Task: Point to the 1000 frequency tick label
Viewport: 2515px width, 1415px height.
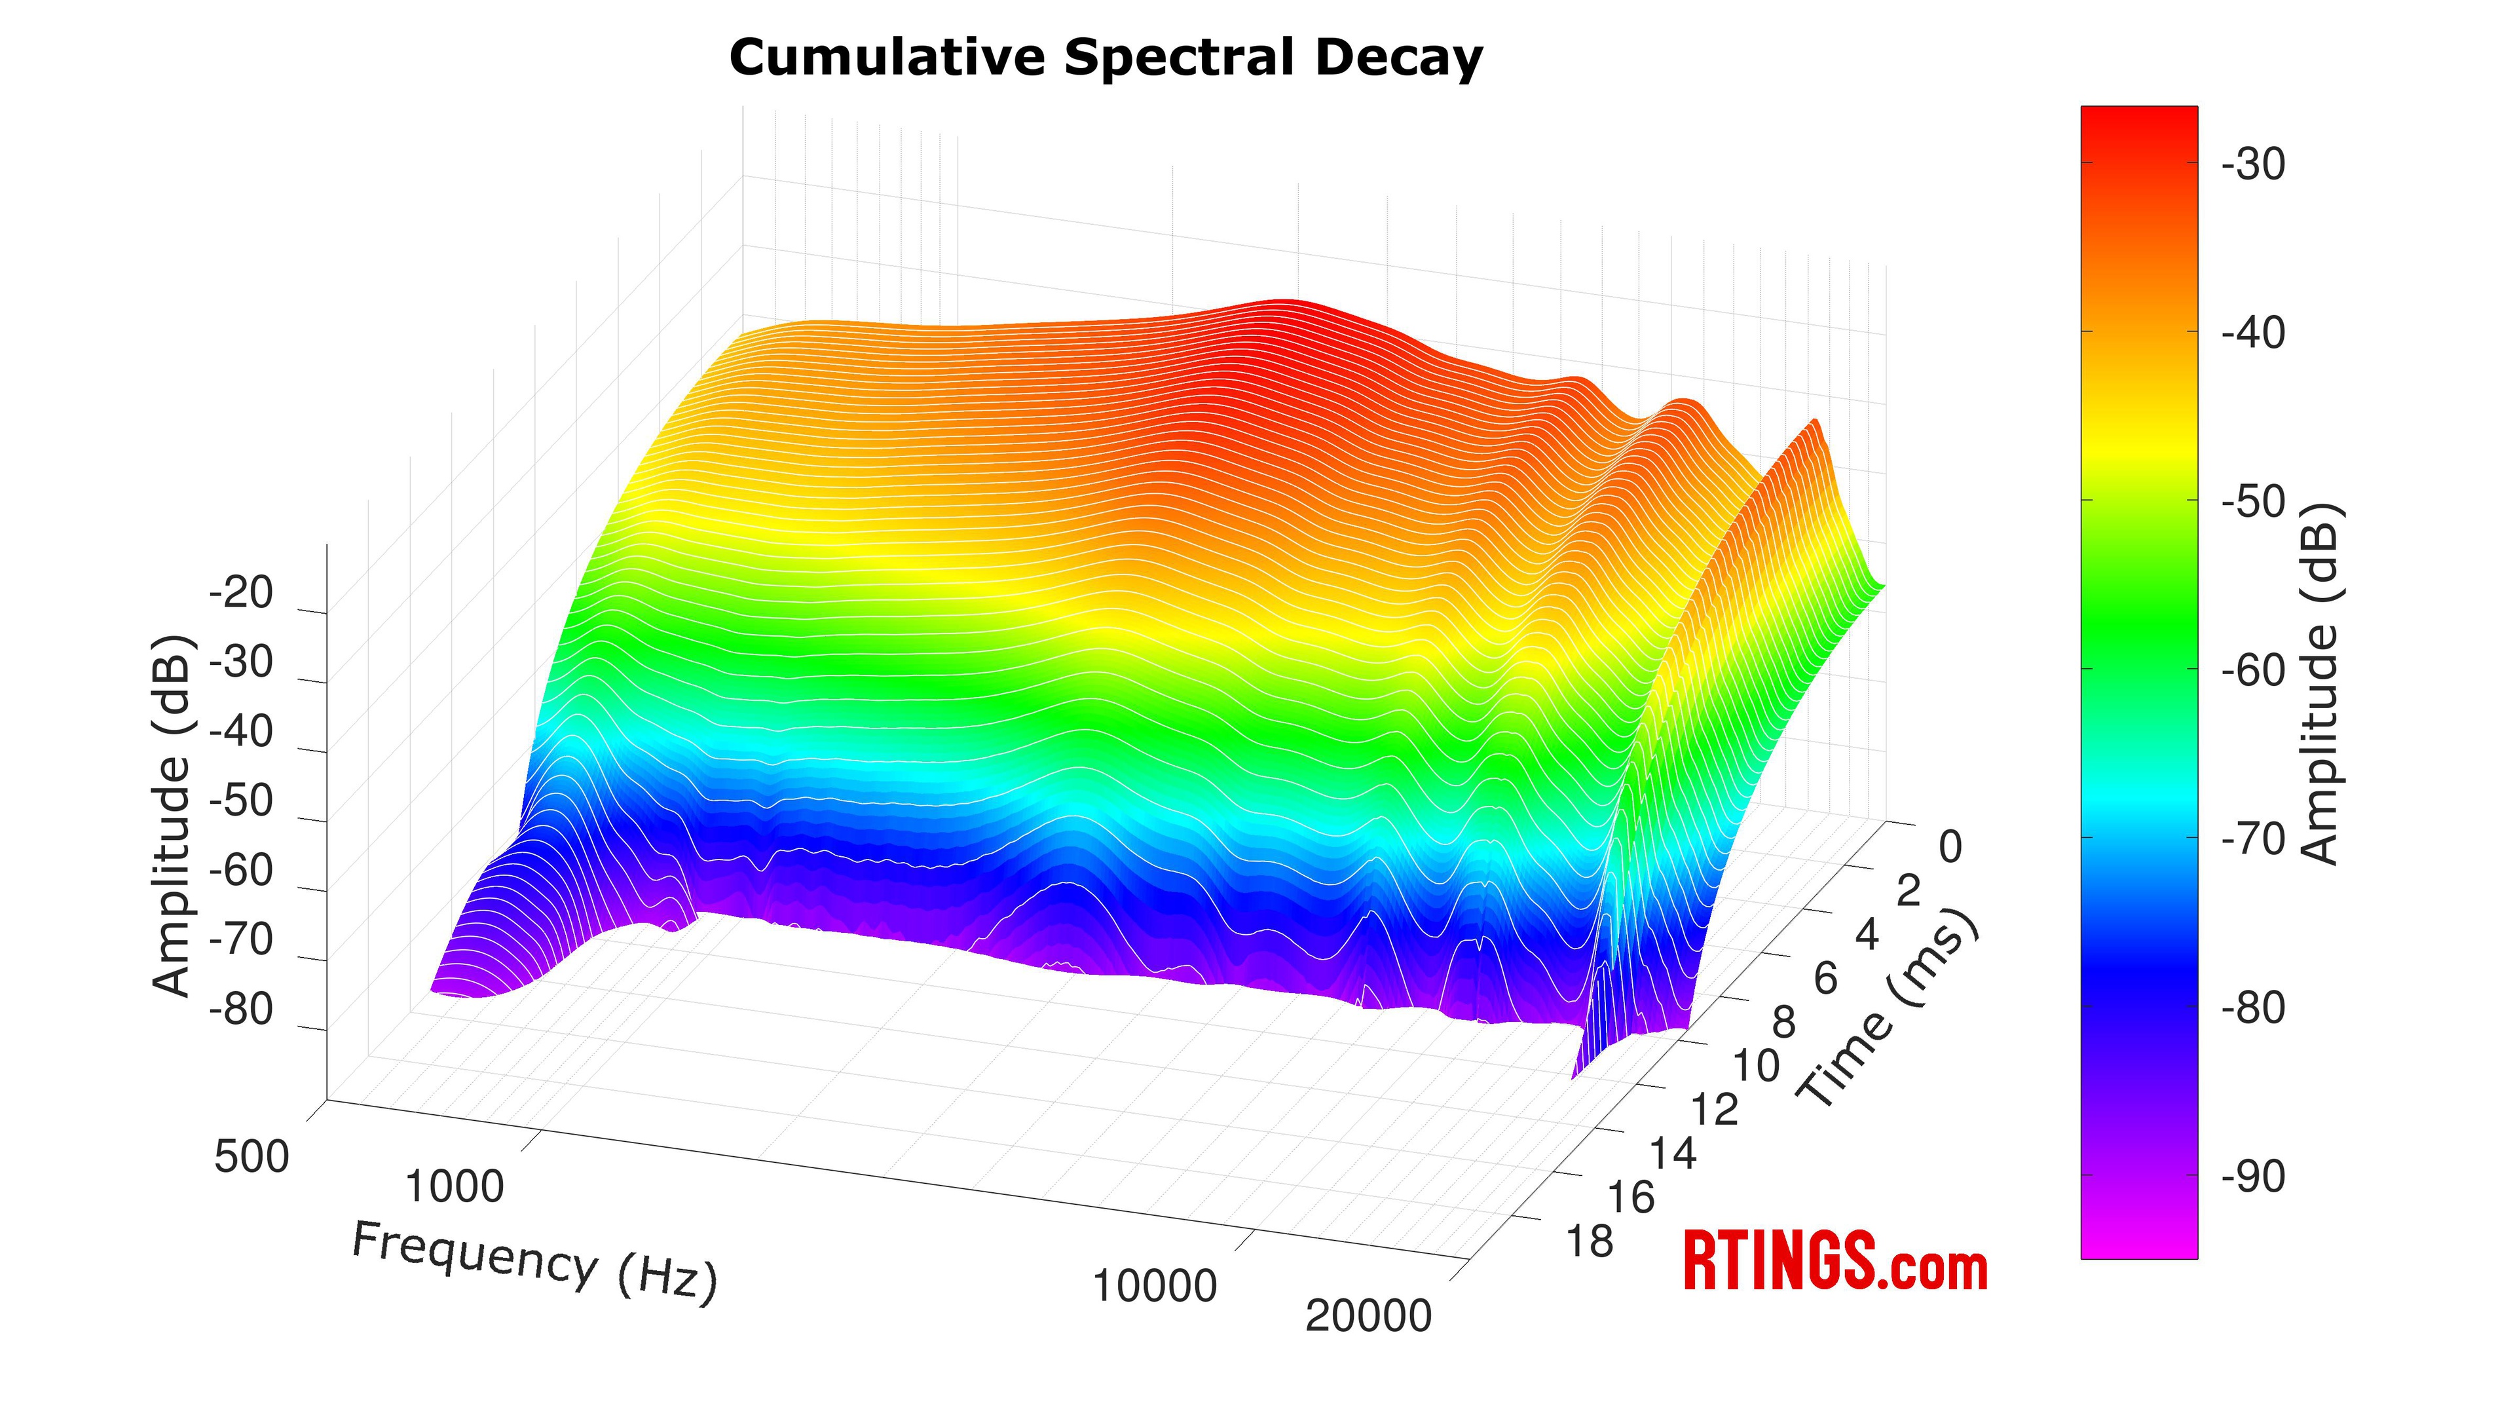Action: pyautogui.click(x=454, y=1186)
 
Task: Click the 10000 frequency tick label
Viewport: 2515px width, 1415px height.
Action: pyautogui.click(x=1154, y=1286)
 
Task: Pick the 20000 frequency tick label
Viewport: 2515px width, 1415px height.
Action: pyautogui.click(x=1368, y=1316)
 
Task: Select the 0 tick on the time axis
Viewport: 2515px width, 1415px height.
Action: pyautogui.click(x=1950, y=848)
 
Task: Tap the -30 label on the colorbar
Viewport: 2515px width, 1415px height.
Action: pyautogui.click(x=2253, y=164)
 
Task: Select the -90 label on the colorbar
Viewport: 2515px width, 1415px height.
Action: pyautogui.click(x=2253, y=1177)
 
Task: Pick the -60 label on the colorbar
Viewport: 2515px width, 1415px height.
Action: pyautogui.click(x=2253, y=670)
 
